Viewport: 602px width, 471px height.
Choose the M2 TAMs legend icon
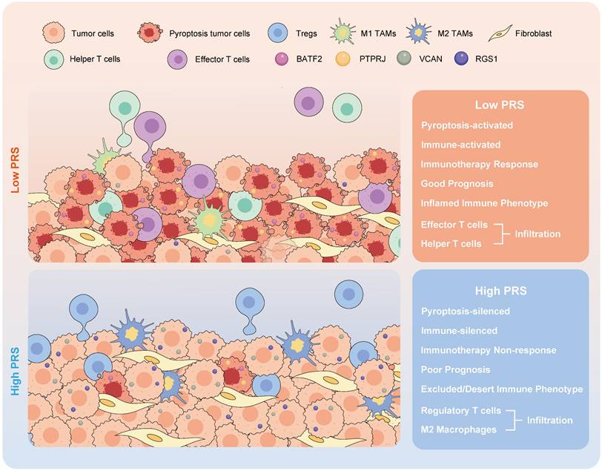421,33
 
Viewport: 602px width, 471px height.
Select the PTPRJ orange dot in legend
343,59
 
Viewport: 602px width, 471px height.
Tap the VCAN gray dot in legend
403,59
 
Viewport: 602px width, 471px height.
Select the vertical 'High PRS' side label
14,359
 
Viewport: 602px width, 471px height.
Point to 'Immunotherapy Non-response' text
488,349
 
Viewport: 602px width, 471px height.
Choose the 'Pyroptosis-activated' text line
468,125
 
